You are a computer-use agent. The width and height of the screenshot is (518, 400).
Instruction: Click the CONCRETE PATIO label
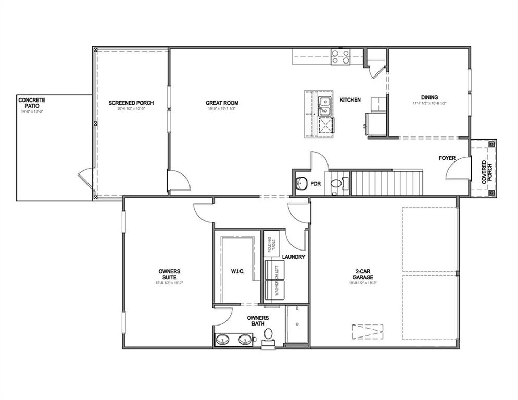pos(32,103)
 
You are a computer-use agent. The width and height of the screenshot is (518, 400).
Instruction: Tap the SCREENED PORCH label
pos(131,103)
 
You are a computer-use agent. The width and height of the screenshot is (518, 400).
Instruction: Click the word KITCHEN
pos(350,99)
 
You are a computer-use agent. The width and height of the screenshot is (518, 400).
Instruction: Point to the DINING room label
pos(429,97)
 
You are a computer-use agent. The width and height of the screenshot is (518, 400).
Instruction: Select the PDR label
pos(315,184)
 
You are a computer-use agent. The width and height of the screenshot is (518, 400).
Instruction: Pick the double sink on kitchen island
pos(326,106)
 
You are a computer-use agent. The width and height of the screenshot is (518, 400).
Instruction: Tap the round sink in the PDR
pos(300,184)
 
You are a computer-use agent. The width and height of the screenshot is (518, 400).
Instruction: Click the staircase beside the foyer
pos(386,182)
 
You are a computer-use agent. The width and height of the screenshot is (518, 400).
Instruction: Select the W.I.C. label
pos(237,271)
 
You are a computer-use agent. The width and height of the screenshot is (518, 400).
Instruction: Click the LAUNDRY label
pos(293,257)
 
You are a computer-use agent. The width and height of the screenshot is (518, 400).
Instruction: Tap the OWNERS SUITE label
pos(169,274)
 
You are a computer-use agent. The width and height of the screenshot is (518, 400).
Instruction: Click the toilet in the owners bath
pos(269,334)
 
